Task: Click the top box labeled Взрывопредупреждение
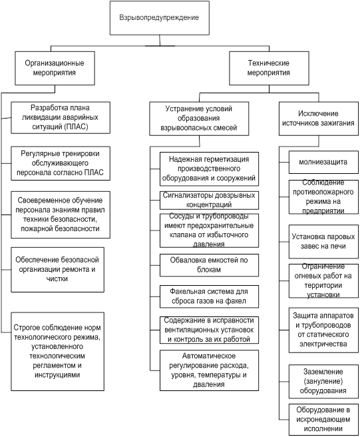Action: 160,18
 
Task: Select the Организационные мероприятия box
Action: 55,68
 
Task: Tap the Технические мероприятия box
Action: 269,68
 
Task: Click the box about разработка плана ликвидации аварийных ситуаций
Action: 61,118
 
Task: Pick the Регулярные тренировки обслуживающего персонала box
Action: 61,163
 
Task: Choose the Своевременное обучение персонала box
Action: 61,215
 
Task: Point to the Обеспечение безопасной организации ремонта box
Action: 58,270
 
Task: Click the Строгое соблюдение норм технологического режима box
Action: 58,352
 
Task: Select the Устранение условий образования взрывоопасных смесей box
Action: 199,119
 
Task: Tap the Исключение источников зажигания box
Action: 319,119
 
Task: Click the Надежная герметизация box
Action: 210,169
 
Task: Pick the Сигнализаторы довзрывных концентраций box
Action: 210,200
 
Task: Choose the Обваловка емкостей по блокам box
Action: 210,265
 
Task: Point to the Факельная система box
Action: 210,296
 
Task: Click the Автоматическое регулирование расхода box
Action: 210,370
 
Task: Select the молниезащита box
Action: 323,162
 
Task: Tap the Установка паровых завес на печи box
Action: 323,242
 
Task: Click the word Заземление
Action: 323,372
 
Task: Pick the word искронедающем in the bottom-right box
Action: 323,420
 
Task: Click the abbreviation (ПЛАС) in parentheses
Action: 76,127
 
